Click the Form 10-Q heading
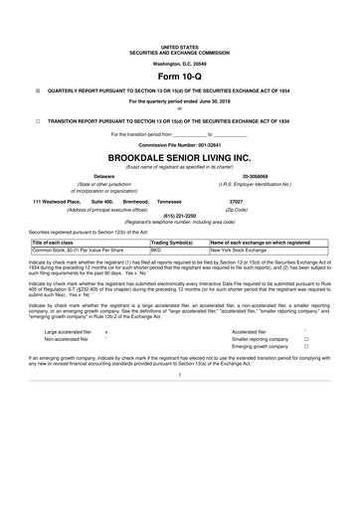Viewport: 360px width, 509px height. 180,76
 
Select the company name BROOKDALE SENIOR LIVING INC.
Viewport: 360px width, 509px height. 180,157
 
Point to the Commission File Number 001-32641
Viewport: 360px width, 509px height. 180,144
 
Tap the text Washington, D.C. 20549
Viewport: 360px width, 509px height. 180,62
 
